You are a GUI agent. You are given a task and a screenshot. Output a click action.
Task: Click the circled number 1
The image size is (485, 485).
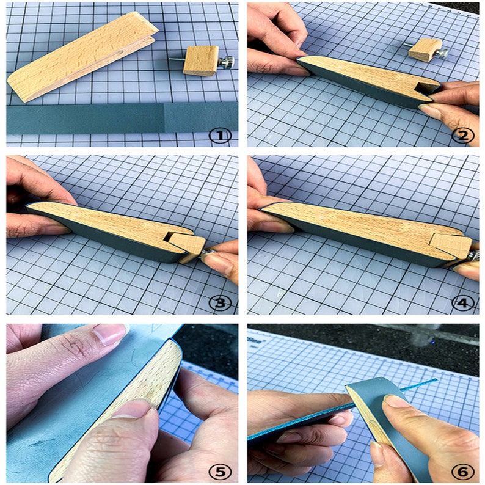pyautogui.click(x=219, y=134)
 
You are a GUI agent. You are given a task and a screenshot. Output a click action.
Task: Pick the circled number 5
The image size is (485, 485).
pyautogui.click(x=219, y=470)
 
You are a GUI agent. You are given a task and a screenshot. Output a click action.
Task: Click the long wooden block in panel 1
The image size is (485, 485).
pyautogui.click(x=79, y=58)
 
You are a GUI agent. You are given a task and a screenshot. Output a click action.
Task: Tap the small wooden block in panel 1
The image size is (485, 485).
pyautogui.click(x=201, y=60)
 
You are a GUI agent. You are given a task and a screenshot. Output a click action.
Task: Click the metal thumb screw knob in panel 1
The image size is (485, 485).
pyautogui.click(x=227, y=61)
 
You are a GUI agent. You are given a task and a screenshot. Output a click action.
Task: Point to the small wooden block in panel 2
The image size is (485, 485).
pyautogui.click(x=424, y=49)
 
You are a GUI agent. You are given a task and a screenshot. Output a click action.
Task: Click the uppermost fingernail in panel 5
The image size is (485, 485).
pyautogui.click(x=109, y=334)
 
